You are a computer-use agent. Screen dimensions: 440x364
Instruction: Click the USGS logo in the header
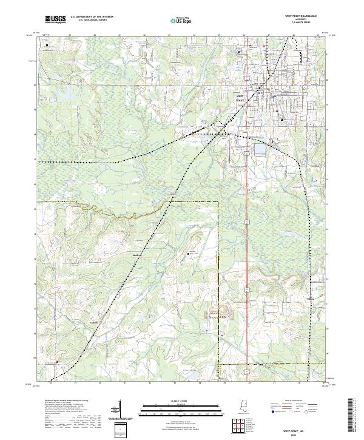click(x=55, y=19)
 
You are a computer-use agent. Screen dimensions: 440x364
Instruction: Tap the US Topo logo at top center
click(x=181, y=20)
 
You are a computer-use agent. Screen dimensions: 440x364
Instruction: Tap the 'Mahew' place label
click(x=136, y=255)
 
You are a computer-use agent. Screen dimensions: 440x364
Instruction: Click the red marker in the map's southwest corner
click(x=58, y=363)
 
